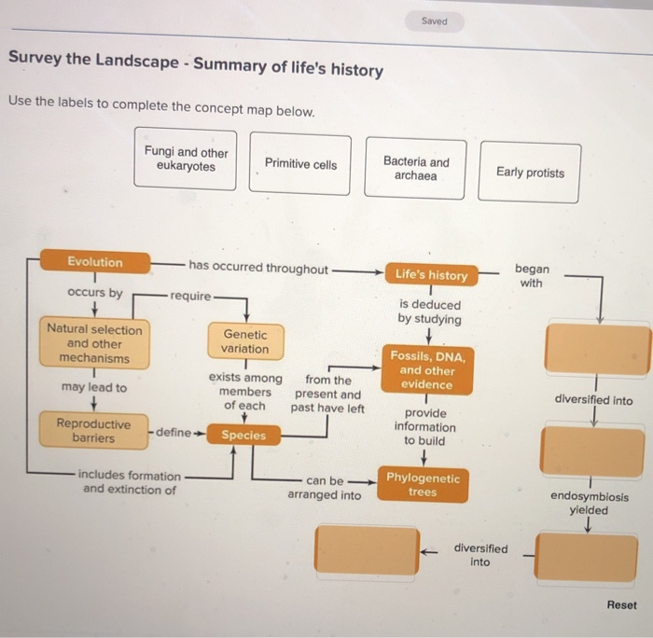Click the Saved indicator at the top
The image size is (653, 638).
point(434,21)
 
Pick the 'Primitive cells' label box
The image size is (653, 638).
point(300,164)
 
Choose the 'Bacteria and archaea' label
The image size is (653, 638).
point(416,169)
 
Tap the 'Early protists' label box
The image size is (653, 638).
point(530,173)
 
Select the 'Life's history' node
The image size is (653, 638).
point(431,275)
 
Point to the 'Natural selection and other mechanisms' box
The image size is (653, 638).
point(94,344)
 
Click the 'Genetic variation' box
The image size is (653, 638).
point(244,341)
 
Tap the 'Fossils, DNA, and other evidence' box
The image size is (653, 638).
point(426,370)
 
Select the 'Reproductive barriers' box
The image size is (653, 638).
point(93,431)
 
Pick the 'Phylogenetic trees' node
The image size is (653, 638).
point(423,485)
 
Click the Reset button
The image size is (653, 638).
point(621,605)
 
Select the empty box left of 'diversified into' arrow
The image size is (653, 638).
point(367,549)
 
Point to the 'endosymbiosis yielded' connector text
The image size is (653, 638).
point(590,504)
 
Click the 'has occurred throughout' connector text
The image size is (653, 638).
point(257,269)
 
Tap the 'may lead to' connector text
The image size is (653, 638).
point(93,387)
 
